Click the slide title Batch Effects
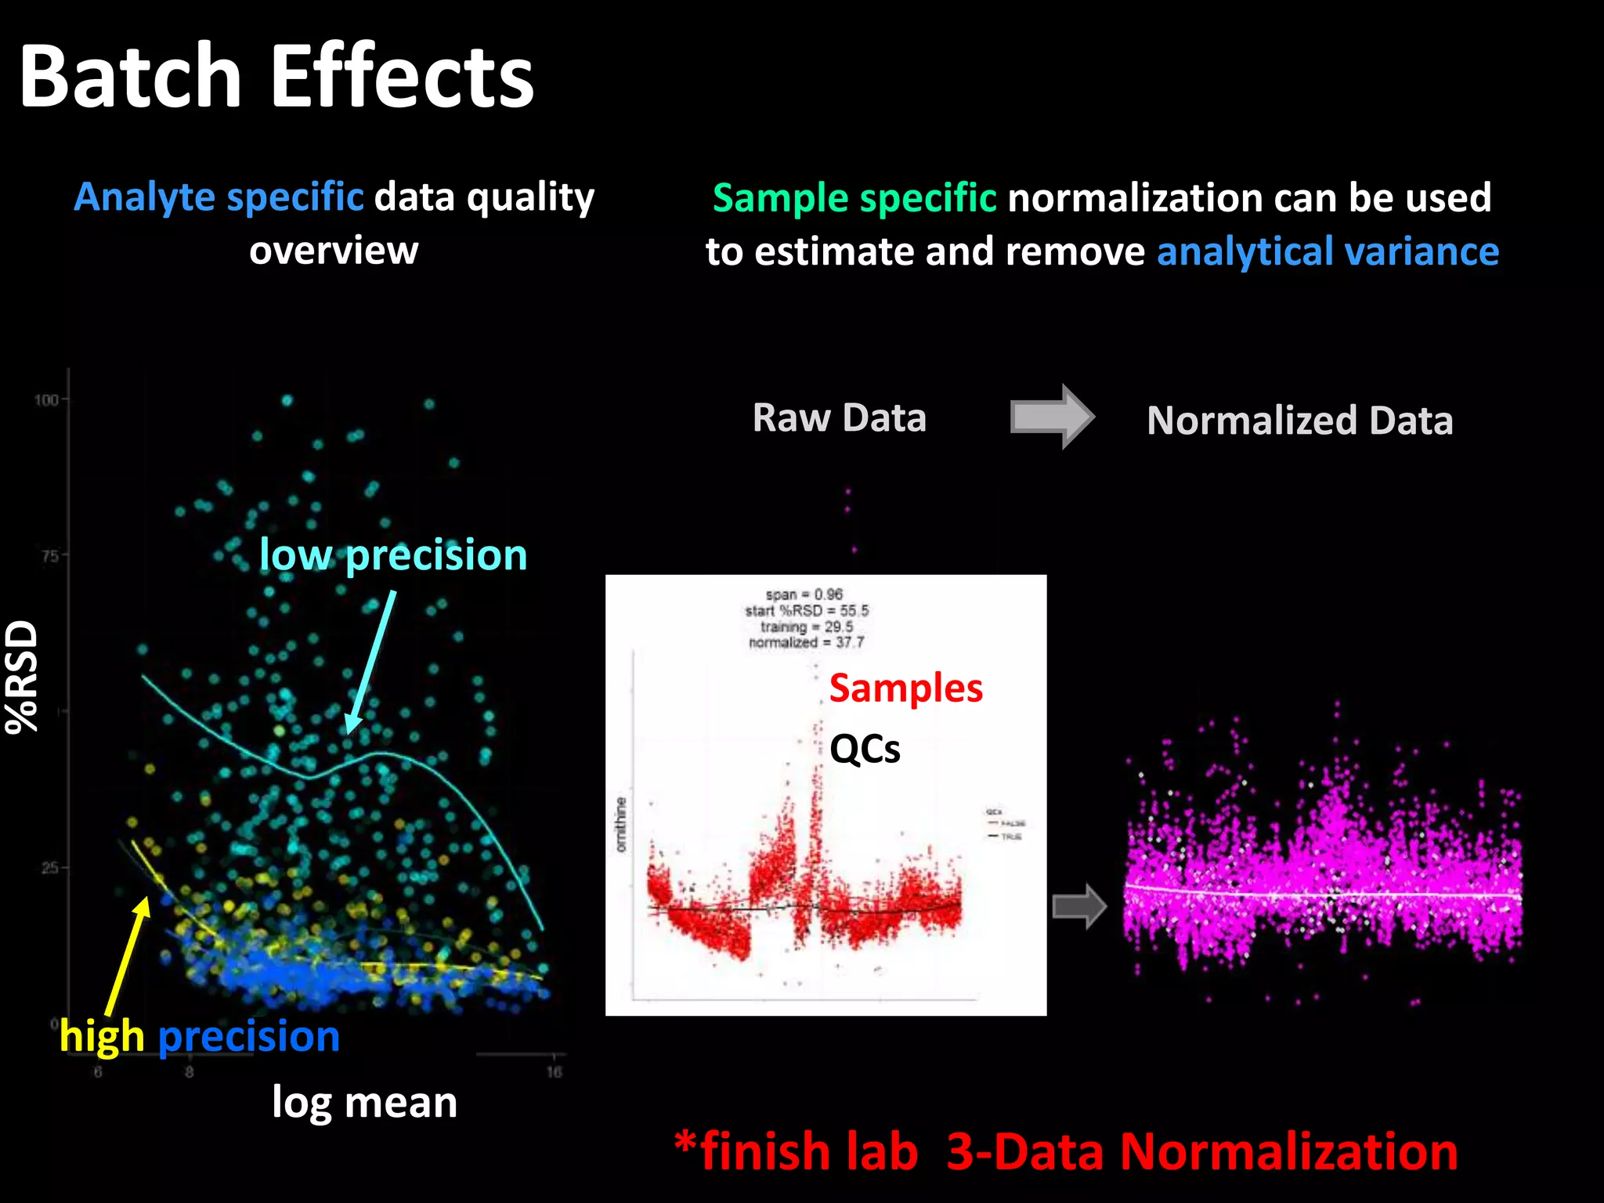point(276,76)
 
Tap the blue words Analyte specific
point(219,197)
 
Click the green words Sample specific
point(854,197)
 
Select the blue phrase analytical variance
point(1328,251)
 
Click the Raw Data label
point(839,417)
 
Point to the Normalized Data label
point(1299,420)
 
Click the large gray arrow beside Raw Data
point(1051,416)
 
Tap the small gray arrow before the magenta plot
point(1078,906)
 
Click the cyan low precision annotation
point(393,555)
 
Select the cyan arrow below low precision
point(370,663)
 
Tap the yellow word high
point(102,1036)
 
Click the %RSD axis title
point(22,676)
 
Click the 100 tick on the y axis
point(46,400)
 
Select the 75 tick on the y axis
point(49,556)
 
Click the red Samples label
point(905,688)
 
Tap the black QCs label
point(865,749)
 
